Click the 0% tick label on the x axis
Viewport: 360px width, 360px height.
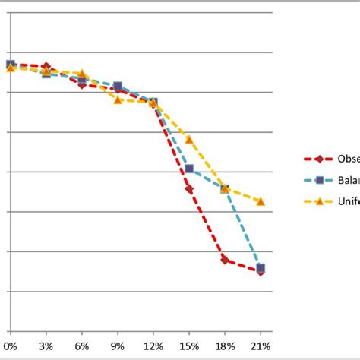click(11, 346)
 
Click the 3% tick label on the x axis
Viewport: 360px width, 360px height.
click(46, 346)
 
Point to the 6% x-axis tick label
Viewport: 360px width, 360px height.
click(82, 346)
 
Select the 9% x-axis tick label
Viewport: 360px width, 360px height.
click(118, 346)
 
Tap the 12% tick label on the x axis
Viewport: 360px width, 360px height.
click(153, 346)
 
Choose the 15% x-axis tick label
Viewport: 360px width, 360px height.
click(189, 346)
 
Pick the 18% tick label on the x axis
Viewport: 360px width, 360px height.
click(225, 346)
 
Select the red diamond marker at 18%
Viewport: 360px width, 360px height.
click(225, 260)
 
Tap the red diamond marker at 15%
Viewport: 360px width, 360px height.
click(189, 189)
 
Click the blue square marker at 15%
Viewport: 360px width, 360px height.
click(189, 169)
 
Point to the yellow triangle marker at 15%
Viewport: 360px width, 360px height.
click(189, 140)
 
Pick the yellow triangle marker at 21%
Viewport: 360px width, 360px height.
click(261, 201)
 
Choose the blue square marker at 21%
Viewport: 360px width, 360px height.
click(261, 267)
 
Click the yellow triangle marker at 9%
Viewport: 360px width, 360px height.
click(118, 99)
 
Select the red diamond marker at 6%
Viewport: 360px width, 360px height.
click(82, 84)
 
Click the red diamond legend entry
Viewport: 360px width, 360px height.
click(320, 159)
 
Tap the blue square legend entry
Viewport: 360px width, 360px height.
click(320, 180)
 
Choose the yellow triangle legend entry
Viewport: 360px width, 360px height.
click(320, 201)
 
